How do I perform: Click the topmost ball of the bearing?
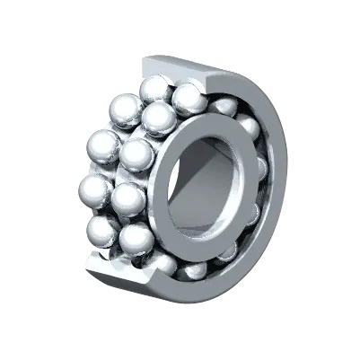point(154,90)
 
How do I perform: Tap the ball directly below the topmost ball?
point(159,116)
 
